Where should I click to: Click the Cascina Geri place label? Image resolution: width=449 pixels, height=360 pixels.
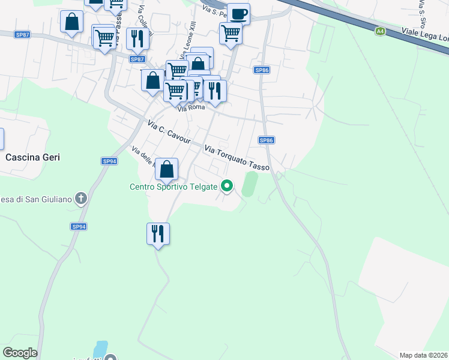33,157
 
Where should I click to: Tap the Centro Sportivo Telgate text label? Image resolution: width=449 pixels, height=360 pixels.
173,187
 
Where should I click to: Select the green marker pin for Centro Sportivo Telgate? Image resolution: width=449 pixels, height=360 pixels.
226,187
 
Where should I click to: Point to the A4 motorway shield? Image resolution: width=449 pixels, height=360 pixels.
380,31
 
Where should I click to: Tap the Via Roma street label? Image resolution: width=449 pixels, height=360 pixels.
191,108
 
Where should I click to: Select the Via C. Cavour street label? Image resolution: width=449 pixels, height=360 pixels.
169,133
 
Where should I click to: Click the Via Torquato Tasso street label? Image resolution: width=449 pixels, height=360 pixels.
237,158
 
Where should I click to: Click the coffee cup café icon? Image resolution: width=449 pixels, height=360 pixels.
238,13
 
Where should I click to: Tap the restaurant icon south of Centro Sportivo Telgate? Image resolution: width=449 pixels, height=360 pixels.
158,232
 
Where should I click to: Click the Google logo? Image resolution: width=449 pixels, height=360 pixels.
20,353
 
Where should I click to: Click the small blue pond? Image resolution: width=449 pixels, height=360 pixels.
100,349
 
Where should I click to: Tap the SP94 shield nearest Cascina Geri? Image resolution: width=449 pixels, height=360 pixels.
109,161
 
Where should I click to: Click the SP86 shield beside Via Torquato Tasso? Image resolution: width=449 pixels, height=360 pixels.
267,140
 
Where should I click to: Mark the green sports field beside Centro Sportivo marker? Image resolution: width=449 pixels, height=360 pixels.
249,184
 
